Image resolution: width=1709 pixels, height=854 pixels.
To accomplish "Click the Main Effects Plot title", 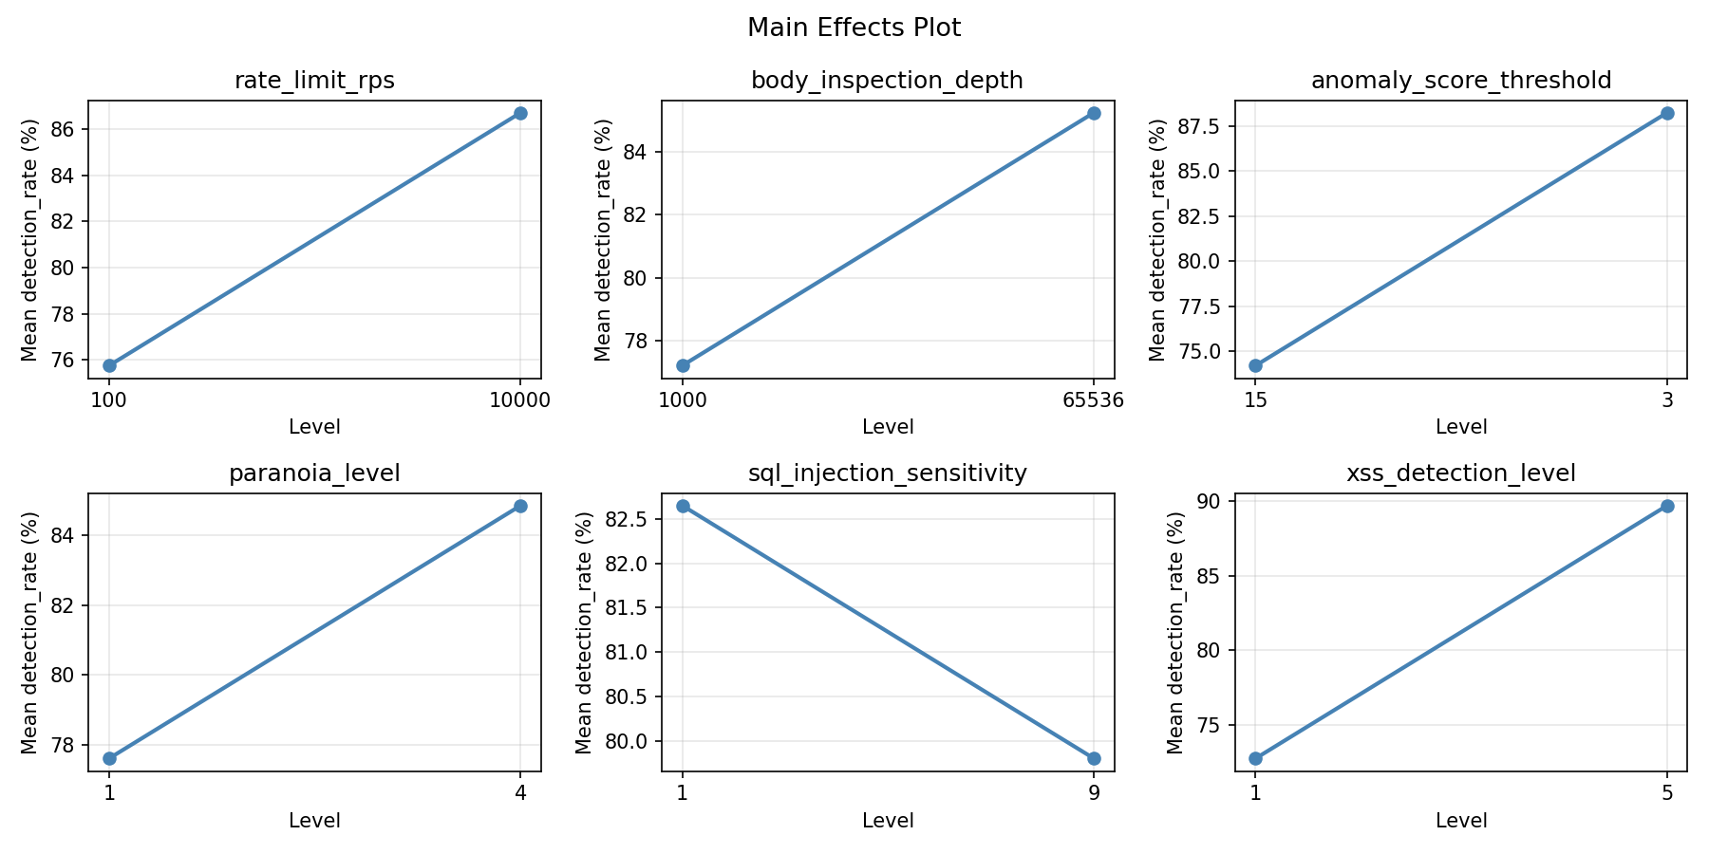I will pos(854,28).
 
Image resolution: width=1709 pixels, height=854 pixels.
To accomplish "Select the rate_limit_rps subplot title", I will pos(314,81).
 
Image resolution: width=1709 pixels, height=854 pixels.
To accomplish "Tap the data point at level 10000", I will pos(520,113).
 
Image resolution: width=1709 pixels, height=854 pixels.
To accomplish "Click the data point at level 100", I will pos(109,365).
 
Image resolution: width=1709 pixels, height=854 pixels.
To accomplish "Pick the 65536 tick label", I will pos(1093,400).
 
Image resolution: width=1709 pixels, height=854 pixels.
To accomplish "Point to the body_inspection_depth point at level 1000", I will pos(683,365).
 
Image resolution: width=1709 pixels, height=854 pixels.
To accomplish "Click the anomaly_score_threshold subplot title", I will pos(1460,81).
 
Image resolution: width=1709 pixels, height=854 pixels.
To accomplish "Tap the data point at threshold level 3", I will pos(1667,113).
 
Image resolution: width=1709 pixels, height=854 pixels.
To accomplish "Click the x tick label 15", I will pos(1255,400).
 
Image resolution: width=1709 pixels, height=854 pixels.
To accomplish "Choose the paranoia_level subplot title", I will pos(314,473).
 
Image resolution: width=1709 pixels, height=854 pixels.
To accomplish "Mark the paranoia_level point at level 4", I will pos(520,506).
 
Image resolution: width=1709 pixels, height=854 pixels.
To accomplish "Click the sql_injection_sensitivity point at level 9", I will pos(1094,758).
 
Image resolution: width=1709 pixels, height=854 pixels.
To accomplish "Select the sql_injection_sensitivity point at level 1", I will pos(683,506).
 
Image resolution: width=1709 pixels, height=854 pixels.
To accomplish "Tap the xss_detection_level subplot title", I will pos(1460,473).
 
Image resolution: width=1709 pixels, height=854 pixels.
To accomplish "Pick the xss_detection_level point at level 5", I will pos(1667,506).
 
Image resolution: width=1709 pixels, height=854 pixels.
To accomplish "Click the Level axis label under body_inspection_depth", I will pos(888,427).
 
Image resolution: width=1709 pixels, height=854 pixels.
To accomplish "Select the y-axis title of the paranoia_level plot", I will pos(29,633).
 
